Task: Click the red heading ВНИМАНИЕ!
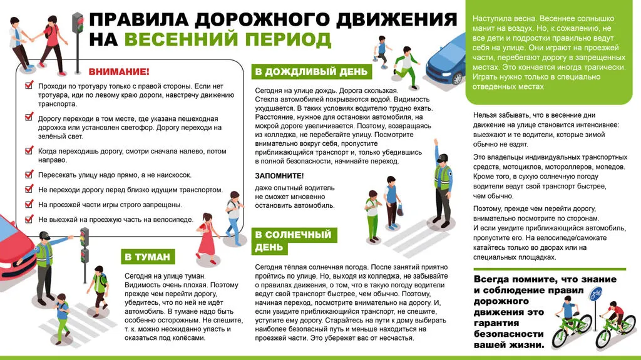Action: coord(118,72)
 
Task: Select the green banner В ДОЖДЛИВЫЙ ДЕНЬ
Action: coord(311,72)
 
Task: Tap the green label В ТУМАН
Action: coord(147,257)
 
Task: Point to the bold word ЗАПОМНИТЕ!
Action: coord(279,176)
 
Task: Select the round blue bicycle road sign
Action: coord(597,292)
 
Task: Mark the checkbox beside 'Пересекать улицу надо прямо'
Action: coord(29,175)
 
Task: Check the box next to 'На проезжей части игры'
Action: coord(29,204)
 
